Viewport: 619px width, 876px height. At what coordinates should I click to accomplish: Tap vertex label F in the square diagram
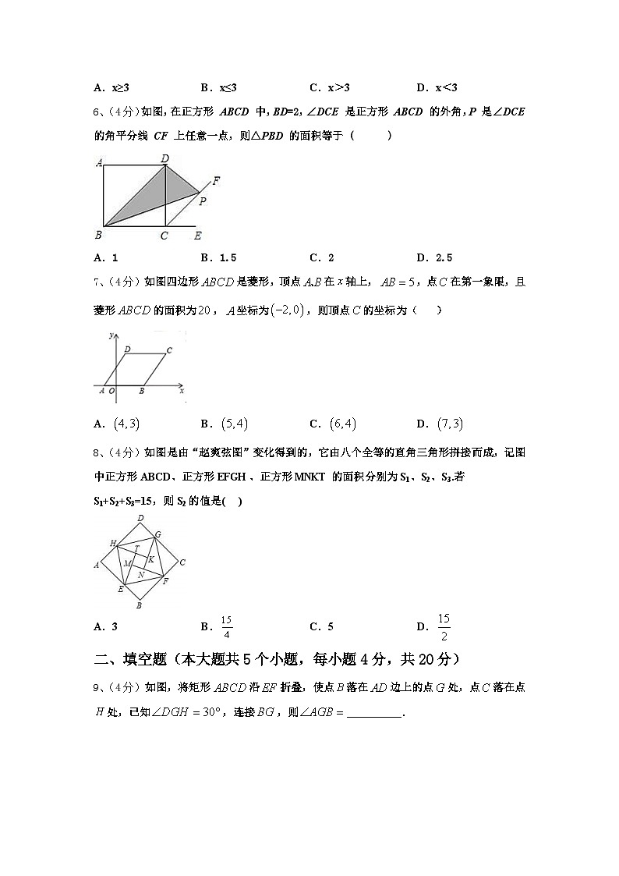(x=216, y=181)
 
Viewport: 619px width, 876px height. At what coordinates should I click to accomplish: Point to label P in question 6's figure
(x=202, y=201)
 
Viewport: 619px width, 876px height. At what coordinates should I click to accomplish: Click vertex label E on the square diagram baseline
(x=197, y=236)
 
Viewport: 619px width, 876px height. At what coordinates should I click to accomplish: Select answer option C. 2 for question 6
(x=322, y=257)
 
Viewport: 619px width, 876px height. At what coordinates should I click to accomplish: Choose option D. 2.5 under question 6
(x=434, y=257)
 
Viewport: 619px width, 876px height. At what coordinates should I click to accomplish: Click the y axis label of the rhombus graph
(x=112, y=335)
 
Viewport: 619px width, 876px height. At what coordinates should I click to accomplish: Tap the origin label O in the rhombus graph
(x=111, y=391)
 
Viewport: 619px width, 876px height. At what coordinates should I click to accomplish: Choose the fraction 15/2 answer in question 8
(x=444, y=626)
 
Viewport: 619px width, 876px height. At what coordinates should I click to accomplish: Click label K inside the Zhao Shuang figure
(x=150, y=560)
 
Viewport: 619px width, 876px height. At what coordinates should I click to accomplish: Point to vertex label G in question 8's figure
(x=157, y=534)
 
